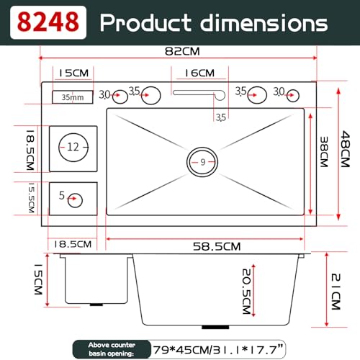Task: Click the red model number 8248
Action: (48, 22)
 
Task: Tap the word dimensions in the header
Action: (264, 22)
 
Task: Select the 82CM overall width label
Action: (182, 51)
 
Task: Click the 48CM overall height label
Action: (346, 149)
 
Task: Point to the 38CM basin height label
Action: (324, 152)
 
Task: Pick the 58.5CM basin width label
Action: (217, 246)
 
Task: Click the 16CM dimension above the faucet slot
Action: (199, 73)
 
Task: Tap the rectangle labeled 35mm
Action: (73, 97)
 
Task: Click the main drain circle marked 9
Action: (202, 148)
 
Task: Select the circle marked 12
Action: (73, 134)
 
